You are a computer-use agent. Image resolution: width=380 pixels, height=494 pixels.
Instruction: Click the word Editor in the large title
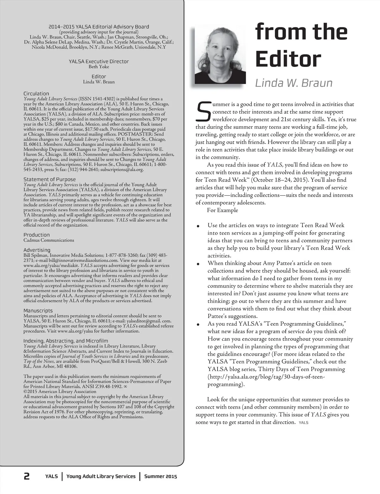click(x=288, y=59)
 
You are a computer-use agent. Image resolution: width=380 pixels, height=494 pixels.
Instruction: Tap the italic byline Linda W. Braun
click(x=294, y=83)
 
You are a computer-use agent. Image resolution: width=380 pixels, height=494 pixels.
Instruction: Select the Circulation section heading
click(x=36, y=94)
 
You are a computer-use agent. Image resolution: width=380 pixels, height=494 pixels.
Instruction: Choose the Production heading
click(x=36, y=235)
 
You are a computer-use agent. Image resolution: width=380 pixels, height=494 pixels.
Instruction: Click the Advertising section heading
click(x=37, y=250)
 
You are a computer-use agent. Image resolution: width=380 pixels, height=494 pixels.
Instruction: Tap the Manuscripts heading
click(x=38, y=311)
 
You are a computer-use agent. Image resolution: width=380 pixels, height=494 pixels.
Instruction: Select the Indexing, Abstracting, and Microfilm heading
click(x=66, y=341)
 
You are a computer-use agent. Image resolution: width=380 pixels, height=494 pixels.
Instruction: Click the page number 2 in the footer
click(x=27, y=476)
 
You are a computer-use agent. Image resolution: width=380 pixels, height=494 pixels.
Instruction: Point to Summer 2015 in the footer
click(x=161, y=476)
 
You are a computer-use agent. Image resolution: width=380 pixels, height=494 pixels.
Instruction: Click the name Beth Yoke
click(x=99, y=67)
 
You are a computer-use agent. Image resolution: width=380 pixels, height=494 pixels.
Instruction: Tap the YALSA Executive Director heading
click(x=99, y=62)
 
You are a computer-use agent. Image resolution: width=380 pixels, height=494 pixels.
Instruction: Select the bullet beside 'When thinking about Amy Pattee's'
click(x=198, y=264)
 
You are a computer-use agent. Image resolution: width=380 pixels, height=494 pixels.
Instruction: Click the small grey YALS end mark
click(x=303, y=423)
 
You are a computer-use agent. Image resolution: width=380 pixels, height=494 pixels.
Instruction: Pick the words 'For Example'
click(x=222, y=210)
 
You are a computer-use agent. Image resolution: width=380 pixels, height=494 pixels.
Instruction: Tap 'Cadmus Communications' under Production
click(x=49, y=240)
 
